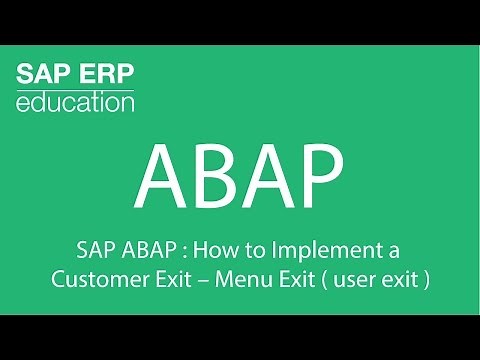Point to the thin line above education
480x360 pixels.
point(75,88)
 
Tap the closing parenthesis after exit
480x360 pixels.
point(426,279)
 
